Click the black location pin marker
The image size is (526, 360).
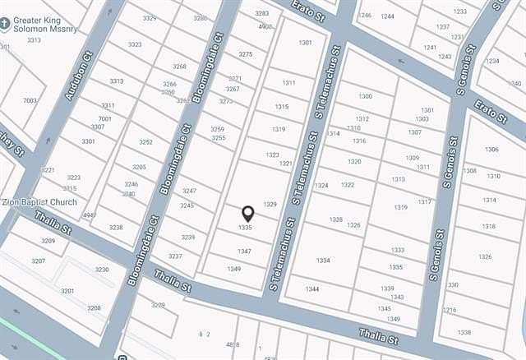247,215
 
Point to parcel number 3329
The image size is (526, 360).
150,18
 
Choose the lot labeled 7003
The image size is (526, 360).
30,100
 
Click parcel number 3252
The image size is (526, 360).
145,142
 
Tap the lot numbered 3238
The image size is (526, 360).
116,228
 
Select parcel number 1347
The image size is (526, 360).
244,251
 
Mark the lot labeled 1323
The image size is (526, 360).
273,155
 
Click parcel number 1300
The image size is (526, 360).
365,96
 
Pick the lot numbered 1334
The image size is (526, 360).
323,261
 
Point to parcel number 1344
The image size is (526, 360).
312,288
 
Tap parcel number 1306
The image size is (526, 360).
491,150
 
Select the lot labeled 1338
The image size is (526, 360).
464,332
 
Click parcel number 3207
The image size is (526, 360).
39,261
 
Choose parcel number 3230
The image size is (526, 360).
102,269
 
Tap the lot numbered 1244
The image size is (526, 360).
387,16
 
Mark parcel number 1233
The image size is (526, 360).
460,12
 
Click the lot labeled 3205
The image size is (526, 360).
139,167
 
